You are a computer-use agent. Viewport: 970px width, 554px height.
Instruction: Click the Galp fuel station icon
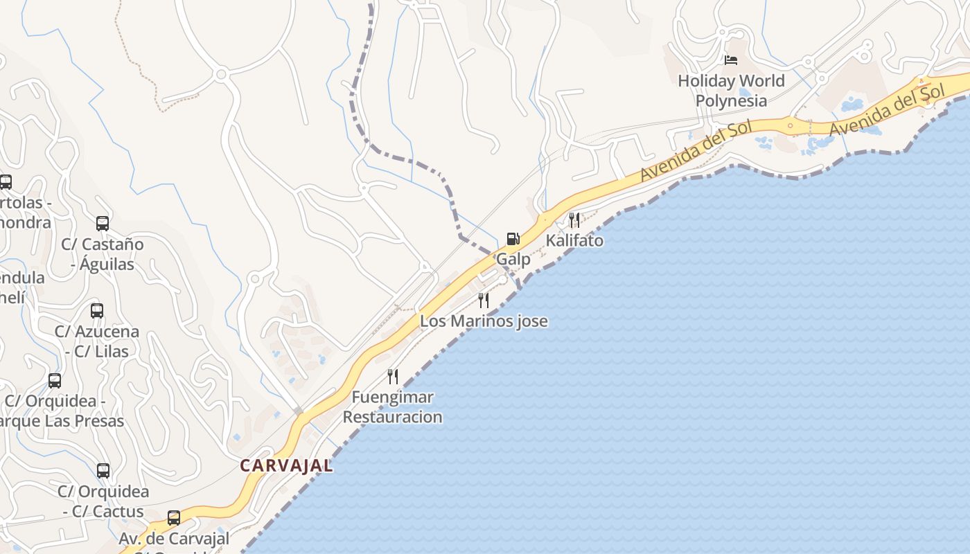coord(513,239)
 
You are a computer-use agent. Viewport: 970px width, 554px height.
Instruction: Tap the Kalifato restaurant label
coord(574,241)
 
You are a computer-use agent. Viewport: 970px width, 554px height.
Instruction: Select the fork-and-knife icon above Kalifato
coord(574,220)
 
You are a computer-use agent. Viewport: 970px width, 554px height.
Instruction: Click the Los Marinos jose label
coord(484,321)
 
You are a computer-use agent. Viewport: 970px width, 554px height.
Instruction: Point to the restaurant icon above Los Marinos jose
coord(484,300)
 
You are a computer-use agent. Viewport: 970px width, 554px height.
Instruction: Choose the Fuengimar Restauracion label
coord(392,407)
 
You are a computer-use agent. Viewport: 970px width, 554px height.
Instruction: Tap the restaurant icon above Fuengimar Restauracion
coord(393,376)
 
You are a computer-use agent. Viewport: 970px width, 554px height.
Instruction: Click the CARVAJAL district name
coord(286,466)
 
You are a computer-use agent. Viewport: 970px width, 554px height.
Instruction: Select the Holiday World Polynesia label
coord(731,91)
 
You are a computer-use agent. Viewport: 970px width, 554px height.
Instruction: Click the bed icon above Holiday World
coord(731,60)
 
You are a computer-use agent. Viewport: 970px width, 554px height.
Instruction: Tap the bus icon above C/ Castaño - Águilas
coord(103,223)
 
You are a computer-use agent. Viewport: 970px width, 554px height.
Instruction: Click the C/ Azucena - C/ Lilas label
coord(97,341)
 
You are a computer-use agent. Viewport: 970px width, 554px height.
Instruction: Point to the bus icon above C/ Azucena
coord(97,310)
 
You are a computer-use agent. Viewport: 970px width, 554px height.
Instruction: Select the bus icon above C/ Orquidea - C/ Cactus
coord(103,471)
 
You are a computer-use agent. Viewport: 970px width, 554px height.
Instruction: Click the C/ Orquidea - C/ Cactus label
coord(103,502)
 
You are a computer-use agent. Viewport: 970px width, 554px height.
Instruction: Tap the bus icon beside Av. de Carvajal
coord(174,517)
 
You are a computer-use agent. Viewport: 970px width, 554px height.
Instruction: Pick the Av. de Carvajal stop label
coord(174,538)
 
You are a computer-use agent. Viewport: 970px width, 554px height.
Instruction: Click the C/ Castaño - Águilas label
coord(103,254)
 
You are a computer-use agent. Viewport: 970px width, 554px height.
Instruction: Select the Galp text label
coord(513,260)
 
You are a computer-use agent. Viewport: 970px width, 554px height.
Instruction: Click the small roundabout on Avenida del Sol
coord(790,126)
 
